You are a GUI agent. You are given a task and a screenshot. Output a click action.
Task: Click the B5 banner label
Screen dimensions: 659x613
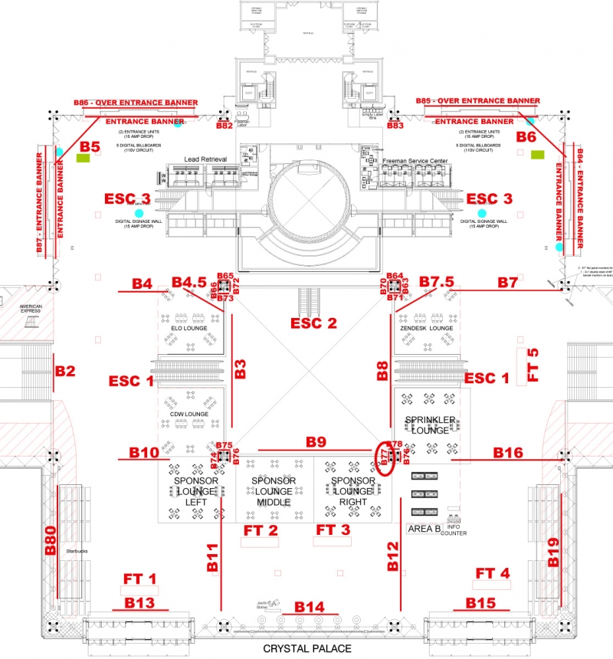coord(90,146)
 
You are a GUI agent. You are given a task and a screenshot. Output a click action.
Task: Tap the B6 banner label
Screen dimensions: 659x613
coord(526,137)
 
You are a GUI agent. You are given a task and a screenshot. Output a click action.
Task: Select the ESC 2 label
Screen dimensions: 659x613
coord(313,323)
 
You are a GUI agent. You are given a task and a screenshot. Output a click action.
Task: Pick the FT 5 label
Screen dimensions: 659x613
coord(533,365)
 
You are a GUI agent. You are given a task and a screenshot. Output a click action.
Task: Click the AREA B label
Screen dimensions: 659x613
coord(424,529)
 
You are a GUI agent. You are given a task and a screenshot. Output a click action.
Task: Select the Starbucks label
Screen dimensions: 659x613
coord(78,550)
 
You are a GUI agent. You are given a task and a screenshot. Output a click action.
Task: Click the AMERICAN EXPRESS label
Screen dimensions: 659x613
coord(31,310)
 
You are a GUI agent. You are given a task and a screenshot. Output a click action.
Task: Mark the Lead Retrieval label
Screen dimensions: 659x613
coord(206,159)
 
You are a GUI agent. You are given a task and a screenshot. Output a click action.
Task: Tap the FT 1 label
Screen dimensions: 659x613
coord(140,579)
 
